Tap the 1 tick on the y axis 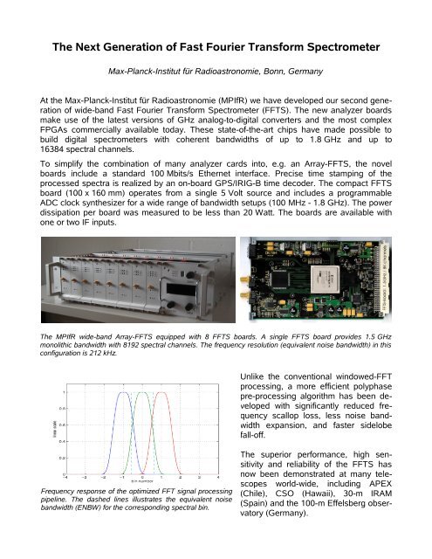(x=35, y=403)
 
